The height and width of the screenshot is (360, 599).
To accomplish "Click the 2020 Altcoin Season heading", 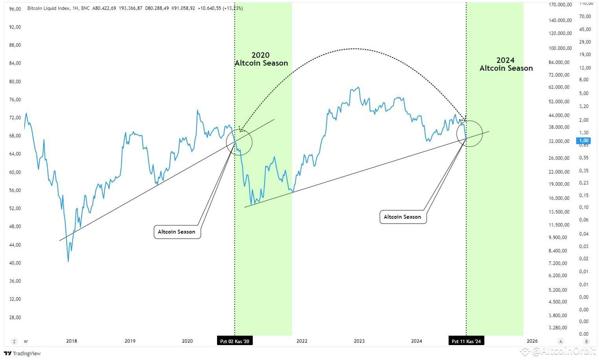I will pyautogui.click(x=261, y=59).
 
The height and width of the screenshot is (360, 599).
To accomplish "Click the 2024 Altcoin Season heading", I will pyautogui.click(x=506, y=64).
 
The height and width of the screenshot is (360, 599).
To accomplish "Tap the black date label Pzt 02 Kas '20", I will pyautogui.click(x=235, y=341).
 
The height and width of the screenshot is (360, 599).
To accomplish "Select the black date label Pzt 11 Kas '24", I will pyautogui.click(x=466, y=341).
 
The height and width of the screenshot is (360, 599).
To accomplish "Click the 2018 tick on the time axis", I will pyautogui.click(x=71, y=341).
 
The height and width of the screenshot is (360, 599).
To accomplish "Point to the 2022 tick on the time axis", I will pyautogui.click(x=302, y=341).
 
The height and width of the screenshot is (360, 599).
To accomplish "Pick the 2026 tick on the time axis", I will pyautogui.click(x=532, y=341).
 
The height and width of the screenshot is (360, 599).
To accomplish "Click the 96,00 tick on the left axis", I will pyautogui.click(x=15, y=9).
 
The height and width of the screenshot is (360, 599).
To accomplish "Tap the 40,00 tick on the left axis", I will pyautogui.click(x=15, y=263).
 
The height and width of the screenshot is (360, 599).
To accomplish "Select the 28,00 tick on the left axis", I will pyautogui.click(x=15, y=317).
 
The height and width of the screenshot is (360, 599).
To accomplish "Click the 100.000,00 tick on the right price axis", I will pyautogui.click(x=560, y=48).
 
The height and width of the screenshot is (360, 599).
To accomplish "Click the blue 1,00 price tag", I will pyautogui.click(x=584, y=141).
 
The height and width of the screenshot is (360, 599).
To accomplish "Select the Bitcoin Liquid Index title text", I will pyautogui.click(x=49, y=8).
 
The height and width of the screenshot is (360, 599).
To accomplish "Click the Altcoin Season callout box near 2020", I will pyautogui.click(x=177, y=232).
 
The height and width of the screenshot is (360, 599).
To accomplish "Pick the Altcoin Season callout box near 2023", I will pyautogui.click(x=402, y=217).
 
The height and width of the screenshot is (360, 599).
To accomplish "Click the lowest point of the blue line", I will pyautogui.click(x=68, y=261).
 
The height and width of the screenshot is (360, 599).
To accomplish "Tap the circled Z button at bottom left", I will pyautogui.click(x=15, y=341).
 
